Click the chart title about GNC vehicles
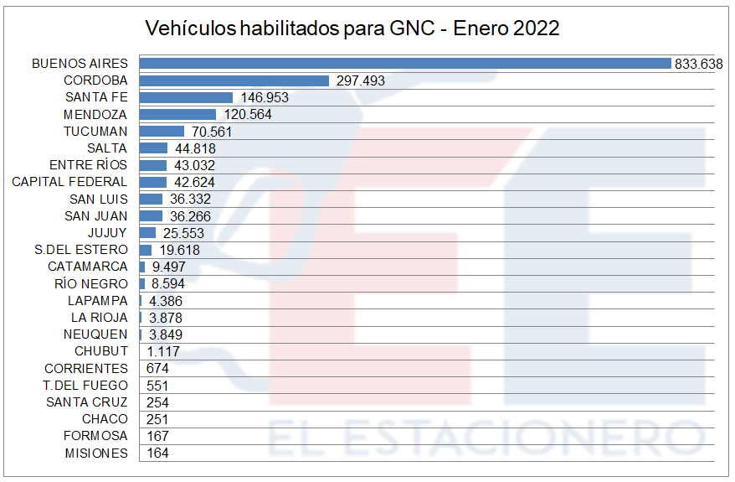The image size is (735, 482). coord(352,29)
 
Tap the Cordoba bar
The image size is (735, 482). coord(234,80)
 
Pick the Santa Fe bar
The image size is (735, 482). coord(186,97)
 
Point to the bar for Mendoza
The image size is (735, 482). coord(177,114)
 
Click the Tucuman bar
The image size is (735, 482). coord(162,131)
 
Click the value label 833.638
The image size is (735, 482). coord(698,64)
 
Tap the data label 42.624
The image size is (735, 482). coord(194,182)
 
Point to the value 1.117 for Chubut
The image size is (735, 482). coord(161,351)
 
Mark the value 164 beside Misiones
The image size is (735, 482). coord(157,453)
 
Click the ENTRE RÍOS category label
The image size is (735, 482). coord(89,165)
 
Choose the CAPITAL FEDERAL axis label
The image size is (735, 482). coord(69,182)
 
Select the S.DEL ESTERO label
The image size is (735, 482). coord(81,250)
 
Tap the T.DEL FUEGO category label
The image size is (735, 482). coord(85,386)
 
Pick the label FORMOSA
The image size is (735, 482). coord(96,436)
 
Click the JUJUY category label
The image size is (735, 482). coord(108,233)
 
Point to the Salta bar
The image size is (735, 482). coord(153,148)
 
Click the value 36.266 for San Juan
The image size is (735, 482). coord(189,216)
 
